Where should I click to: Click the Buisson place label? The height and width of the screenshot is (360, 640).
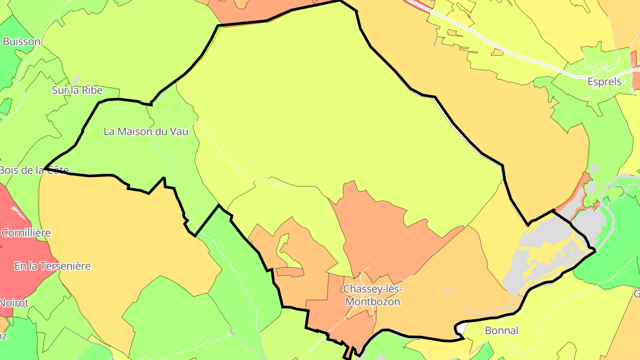click(x=21, y=42)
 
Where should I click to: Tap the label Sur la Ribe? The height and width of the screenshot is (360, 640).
click(x=77, y=90)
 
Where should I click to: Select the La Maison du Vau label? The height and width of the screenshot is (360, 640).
click(x=146, y=132)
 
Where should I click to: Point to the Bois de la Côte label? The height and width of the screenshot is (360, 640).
click(x=34, y=170)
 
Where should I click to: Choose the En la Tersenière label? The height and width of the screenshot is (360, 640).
click(x=52, y=266)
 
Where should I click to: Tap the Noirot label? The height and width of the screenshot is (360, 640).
click(x=14, y=303)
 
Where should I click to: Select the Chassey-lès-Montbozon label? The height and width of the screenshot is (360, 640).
click(x=372, y=296)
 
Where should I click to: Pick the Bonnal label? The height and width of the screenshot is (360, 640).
click(x=502, y=331)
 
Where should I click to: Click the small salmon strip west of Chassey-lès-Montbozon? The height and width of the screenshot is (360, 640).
click(x=289, y=272)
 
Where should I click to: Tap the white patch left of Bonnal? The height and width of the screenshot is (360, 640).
click(x=460, y=329)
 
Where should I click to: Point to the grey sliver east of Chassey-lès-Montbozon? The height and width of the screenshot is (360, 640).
click(x=448, y=292)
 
